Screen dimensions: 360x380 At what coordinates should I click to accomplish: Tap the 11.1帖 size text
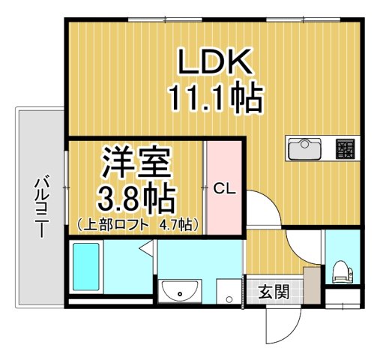pyautogui.click(x=212, y=97)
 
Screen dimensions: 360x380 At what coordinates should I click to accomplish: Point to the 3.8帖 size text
pyautogui.click(x=137, y=198)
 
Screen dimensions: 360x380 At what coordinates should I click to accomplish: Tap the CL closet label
pyautogui.click(x=224, y=189)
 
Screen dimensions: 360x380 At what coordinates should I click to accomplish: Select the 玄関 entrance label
pyautogui.click(x=274, y=292)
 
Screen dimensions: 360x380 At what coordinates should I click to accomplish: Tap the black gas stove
pyautogui.click(x=346, y=148)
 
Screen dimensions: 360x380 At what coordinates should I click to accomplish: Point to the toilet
pyautogui.click(x=341, y=272)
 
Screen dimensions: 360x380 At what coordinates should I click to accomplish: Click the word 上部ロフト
pyautogui.click(x=117, y=223)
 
